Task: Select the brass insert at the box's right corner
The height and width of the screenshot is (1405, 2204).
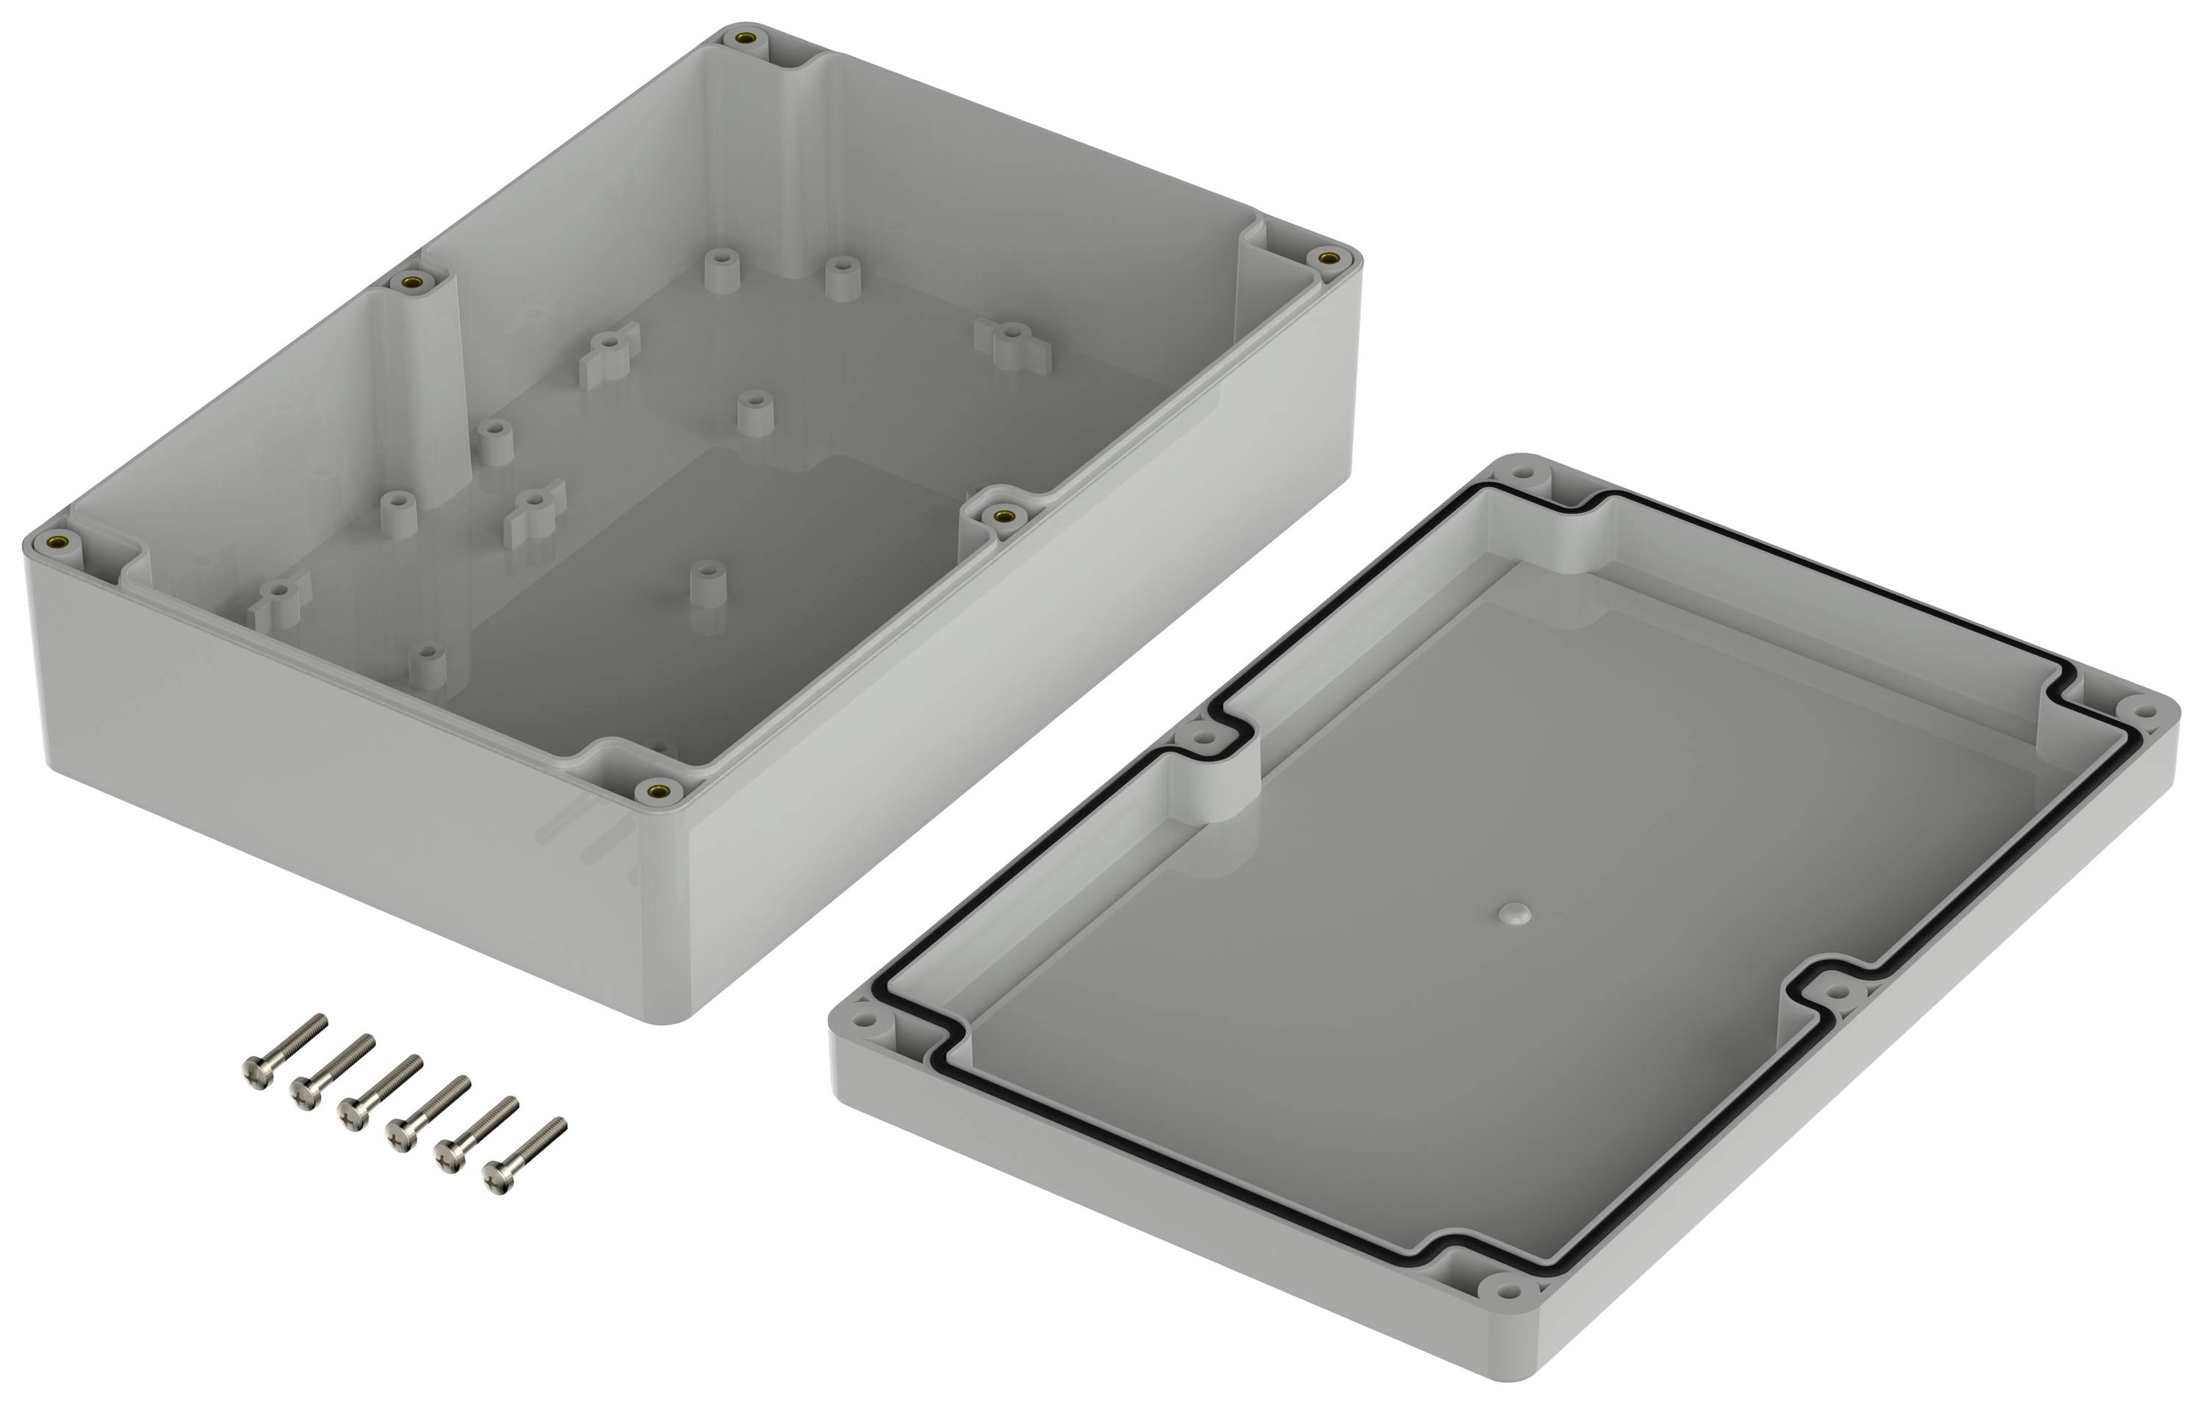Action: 1329,259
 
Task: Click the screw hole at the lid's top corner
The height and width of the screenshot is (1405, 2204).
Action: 1521,474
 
